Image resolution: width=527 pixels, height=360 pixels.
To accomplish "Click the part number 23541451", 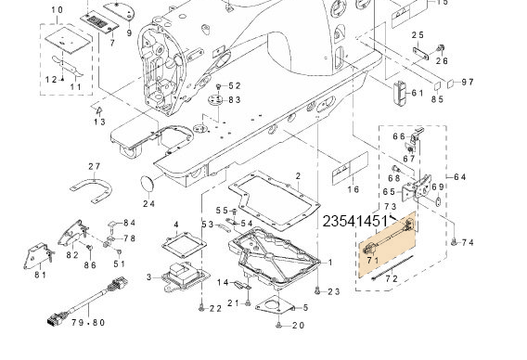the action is pyautogui.click(x=355, y=222).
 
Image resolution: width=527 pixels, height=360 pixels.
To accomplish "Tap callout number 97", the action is pyautogui.click(x=468, y=82).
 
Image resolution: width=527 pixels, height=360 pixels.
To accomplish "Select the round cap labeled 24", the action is pyautogui.click(x=147, y=184).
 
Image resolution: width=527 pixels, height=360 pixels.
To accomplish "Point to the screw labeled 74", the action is pyautogui.click(x=454, y=241).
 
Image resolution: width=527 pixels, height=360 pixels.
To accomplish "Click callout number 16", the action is pyautogui.click(x=353, y=189).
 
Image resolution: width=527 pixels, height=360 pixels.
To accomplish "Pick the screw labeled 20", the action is pyautogui.click(x=278, y=325).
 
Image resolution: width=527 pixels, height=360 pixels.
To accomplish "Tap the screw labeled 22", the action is pyautogui.click(x=201, y=308).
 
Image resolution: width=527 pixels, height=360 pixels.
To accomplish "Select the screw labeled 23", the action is pyautogui.click(x=317, y=291).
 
